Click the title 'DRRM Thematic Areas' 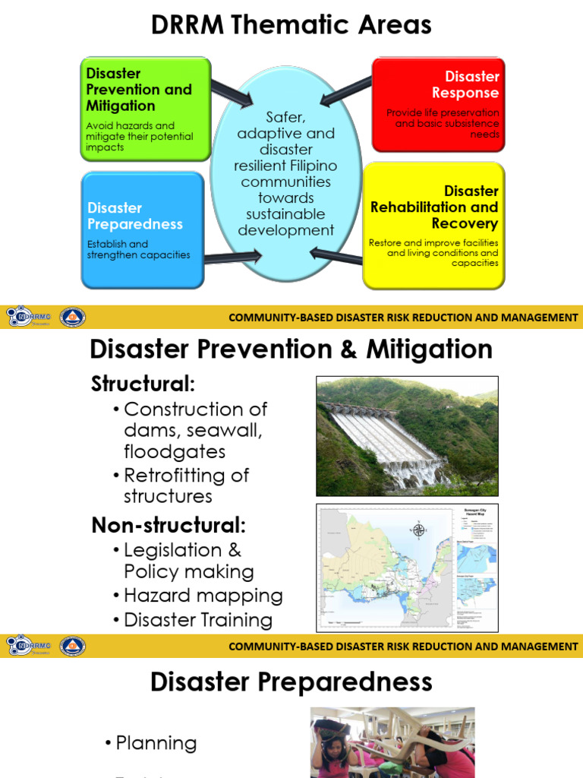(291, 24)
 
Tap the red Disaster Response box (438, 105)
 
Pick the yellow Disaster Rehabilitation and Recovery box (433, 226)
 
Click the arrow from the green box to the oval (231, 93)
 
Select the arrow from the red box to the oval (345, 90)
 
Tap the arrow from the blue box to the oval (232, 257)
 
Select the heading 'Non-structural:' (169, 524)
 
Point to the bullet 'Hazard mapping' (203, 596)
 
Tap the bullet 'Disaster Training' (197, 620)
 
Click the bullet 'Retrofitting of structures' (186, 485)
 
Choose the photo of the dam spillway (407, 436)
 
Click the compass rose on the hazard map (419, 530)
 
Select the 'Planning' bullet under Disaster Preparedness (156, 743)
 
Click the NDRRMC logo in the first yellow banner (27, 317)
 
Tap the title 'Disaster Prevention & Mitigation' (291, 349)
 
